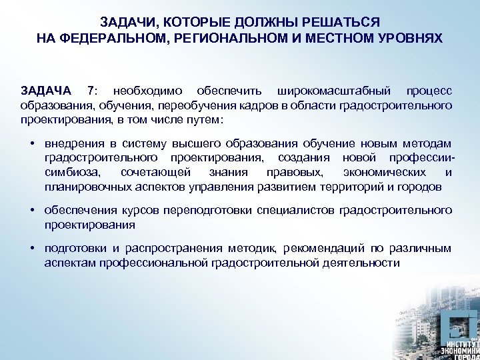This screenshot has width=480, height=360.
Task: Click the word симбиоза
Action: [x=70, y=173]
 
